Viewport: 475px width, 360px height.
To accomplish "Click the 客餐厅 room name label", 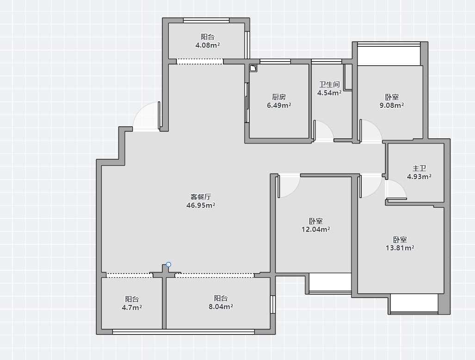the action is point(201,197).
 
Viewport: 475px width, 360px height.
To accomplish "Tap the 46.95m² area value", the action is point(201,205).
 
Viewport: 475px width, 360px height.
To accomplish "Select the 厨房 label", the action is point(279,97).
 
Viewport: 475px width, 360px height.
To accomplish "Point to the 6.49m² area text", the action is point(279,105).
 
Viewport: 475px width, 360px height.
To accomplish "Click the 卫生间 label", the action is point(329,85).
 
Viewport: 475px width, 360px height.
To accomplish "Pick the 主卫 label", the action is point(419,168).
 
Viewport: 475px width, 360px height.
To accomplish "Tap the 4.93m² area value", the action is point(419,176).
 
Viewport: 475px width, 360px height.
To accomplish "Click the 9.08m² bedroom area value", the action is point(392,105).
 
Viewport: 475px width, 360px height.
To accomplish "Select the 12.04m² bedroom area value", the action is point(315,230).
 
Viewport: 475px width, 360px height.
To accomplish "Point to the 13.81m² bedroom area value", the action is point(400,248).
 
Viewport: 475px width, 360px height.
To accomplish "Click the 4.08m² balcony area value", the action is point(208,45).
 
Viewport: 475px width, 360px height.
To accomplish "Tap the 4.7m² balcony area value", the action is point(132,308).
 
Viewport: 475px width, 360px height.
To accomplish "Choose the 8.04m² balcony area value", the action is point(221,306).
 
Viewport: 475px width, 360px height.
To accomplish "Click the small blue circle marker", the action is point(169,265).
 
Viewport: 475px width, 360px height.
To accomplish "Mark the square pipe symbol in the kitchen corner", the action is point(253,68).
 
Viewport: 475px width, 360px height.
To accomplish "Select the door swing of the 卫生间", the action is point(328,127).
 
